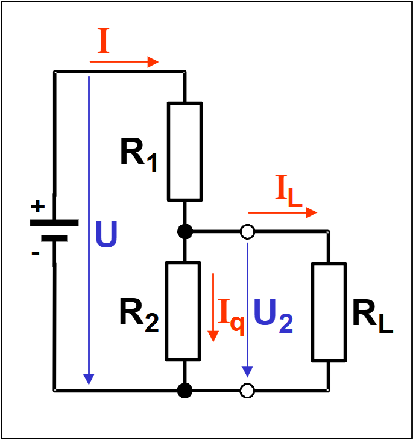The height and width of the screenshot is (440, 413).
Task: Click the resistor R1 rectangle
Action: [185, 151]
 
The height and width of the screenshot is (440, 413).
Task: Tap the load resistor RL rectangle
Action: [329, 312]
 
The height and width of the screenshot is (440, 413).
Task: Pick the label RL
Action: [372, 317]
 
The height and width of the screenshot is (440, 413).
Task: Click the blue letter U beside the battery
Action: [107, 235]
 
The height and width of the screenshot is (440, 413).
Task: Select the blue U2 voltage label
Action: [273, 317]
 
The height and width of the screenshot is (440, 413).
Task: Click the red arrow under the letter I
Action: [124, 61]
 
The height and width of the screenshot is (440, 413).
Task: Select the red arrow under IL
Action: [282, 212]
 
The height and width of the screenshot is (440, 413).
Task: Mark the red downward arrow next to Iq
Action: [212, 307]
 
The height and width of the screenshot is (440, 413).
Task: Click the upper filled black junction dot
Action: [185, 231]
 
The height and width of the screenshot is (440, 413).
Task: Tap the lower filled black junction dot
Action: [185, 391]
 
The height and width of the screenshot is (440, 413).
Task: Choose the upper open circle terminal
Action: [247, 231]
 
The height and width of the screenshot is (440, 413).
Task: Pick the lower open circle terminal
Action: [247, 391]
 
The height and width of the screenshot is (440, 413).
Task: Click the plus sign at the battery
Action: [37, 207]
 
